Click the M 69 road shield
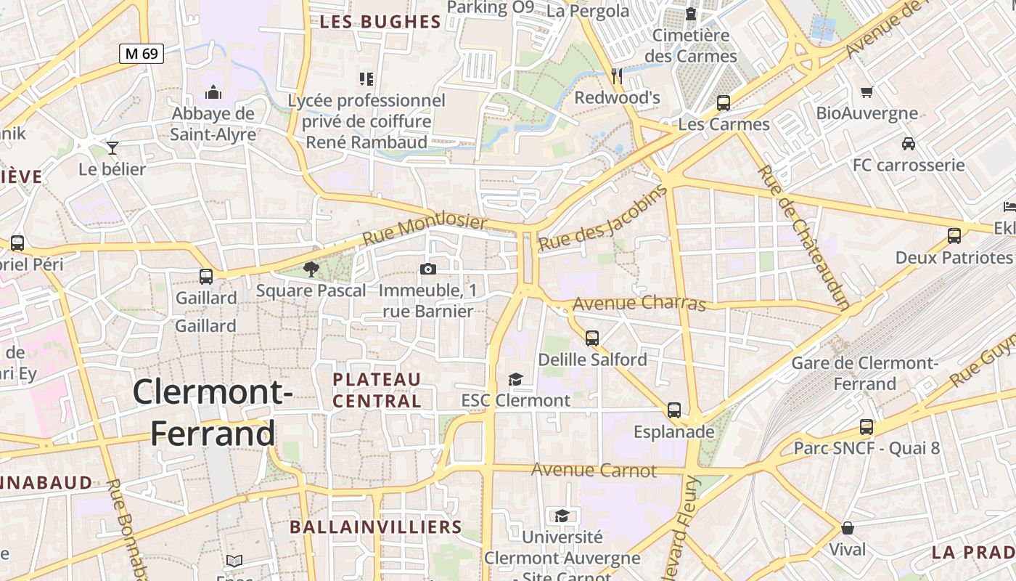(142, 53)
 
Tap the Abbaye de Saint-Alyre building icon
(213, 92)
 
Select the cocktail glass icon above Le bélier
(112, 148)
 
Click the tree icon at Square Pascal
(311, 269)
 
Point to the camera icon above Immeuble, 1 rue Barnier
(428, 269)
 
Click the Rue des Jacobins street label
(602, 219)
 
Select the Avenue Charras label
(639, 302)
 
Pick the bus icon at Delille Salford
(592, 338)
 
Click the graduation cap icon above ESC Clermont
(515, 379)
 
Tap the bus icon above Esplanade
(674, 410)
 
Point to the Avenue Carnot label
(594, 470)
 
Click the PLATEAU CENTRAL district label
(377, 390)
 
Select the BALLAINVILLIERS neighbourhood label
(376, 527)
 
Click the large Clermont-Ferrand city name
(213, 412)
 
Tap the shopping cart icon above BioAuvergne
(867, 92)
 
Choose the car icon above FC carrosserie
(908, 144)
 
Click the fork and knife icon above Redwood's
(617, 76)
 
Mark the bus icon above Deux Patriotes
(954, 236)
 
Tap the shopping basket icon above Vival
(848, 528)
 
